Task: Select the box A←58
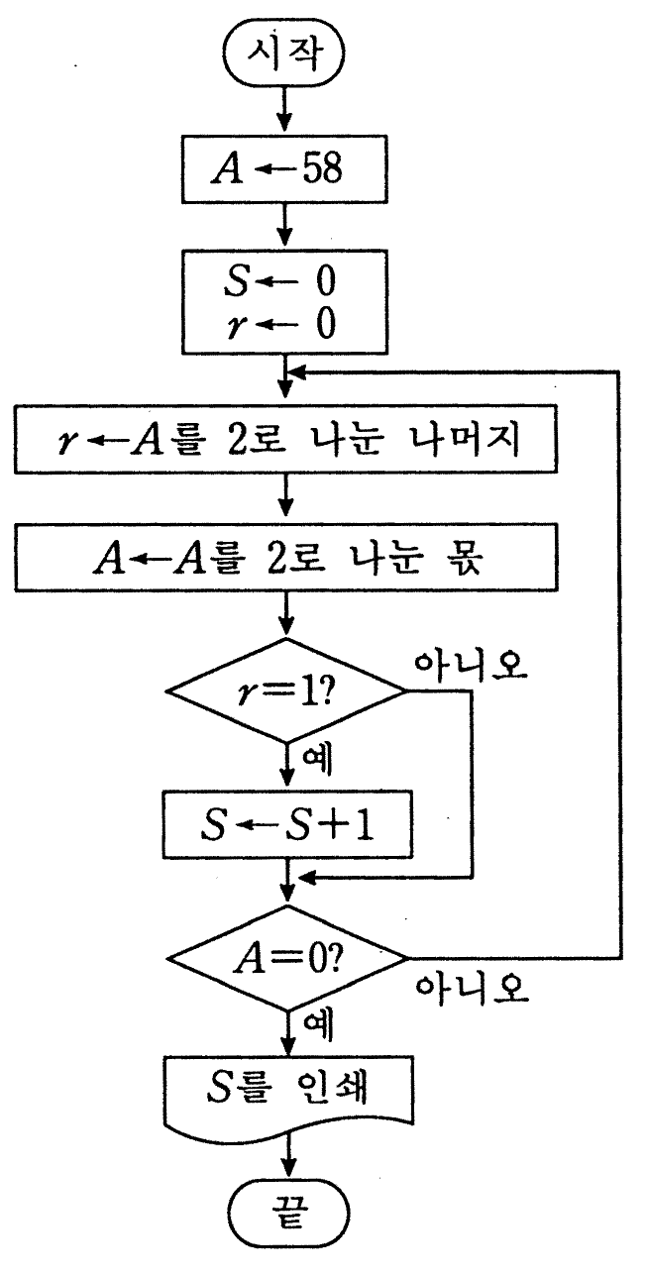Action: (284, 169)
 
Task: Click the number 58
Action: (322, 167)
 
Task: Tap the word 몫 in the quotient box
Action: (466, 558)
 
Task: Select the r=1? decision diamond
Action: (286, 691)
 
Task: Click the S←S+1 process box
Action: (287, 824)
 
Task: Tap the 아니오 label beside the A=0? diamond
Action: (473, 990)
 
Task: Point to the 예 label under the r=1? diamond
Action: (317, 761)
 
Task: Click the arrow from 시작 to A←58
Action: (284, 110)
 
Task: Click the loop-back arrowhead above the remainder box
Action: (297, 372)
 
